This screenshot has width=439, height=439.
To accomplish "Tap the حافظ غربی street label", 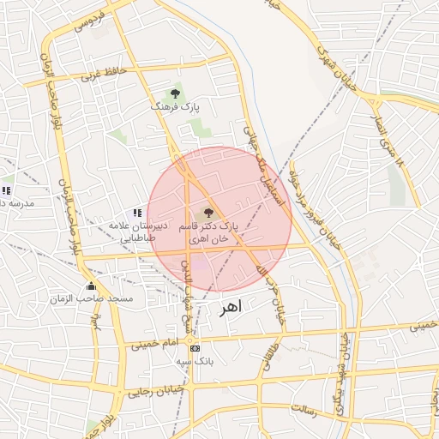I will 104,73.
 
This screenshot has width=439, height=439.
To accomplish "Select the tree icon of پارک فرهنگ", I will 175,92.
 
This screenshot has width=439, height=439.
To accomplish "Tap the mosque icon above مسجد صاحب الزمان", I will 91,286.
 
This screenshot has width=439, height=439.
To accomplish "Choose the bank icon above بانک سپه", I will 195,348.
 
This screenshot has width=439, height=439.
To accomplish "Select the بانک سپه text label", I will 195,362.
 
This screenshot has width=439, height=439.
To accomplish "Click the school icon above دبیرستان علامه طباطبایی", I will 136,212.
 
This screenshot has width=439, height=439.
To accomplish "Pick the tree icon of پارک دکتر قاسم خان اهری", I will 208,212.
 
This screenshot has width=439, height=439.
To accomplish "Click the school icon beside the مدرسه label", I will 7,189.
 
